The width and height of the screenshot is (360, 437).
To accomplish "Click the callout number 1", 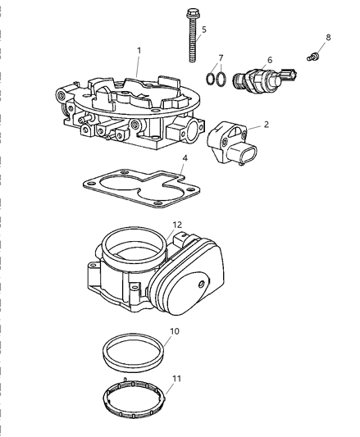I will coord(139,50).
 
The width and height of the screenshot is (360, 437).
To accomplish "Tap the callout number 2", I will coord(265,125).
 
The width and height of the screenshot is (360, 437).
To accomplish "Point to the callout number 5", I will coord(203,30).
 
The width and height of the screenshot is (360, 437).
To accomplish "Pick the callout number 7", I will coord(219,57).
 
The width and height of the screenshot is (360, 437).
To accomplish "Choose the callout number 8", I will coord(329,37).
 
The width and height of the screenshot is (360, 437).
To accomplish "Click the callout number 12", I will coord(177,224).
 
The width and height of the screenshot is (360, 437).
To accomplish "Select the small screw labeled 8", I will coord(312,57).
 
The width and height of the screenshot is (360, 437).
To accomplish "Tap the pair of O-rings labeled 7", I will coord(214,79).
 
